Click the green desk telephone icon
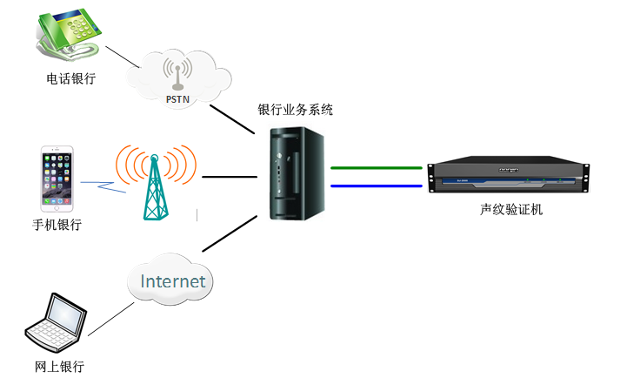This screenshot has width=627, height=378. point(68,34)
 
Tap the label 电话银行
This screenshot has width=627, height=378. point(70,79)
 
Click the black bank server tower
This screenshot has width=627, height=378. point(295,175)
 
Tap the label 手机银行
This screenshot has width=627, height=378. point(57,225)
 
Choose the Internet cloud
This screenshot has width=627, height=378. point(173,280)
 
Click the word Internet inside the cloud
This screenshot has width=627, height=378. point(173,281)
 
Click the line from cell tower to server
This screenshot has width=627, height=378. point(230,177)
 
